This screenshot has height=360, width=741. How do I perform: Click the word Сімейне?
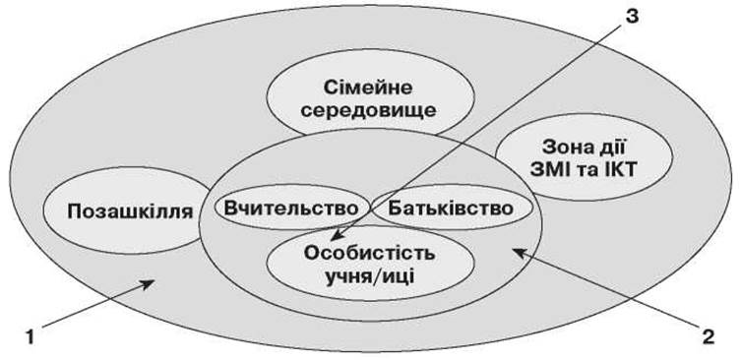click(x=368, y=88)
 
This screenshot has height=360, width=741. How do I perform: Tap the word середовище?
click(x=368, y=110)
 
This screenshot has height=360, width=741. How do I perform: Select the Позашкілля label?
click(x=130, y=211)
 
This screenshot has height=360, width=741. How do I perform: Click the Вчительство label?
click(x=291, y=208)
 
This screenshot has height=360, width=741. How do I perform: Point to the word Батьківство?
click(x=451, y=209)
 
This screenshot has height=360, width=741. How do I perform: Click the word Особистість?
click(x=370, y=253)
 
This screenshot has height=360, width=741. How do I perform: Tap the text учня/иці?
click(x=370, y=276)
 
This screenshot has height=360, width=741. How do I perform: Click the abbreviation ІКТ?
click(x=620, y=170)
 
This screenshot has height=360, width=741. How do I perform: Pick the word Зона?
click(x=564, y=147)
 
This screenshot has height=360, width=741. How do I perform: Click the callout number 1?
click(x=30, y=338)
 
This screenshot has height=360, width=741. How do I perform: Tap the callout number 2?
click(x=708, y=337)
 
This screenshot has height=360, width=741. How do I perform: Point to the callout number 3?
click(x=631, y=16)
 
